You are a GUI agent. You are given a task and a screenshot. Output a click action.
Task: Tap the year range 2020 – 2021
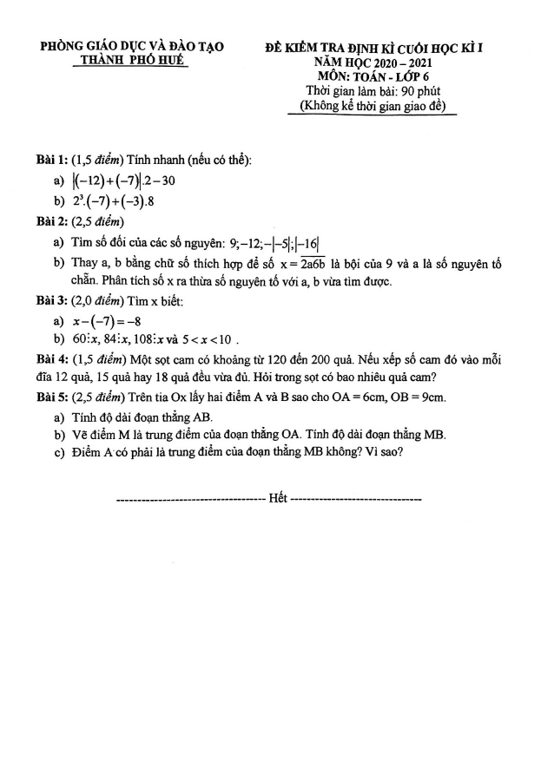click(399, 62)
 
